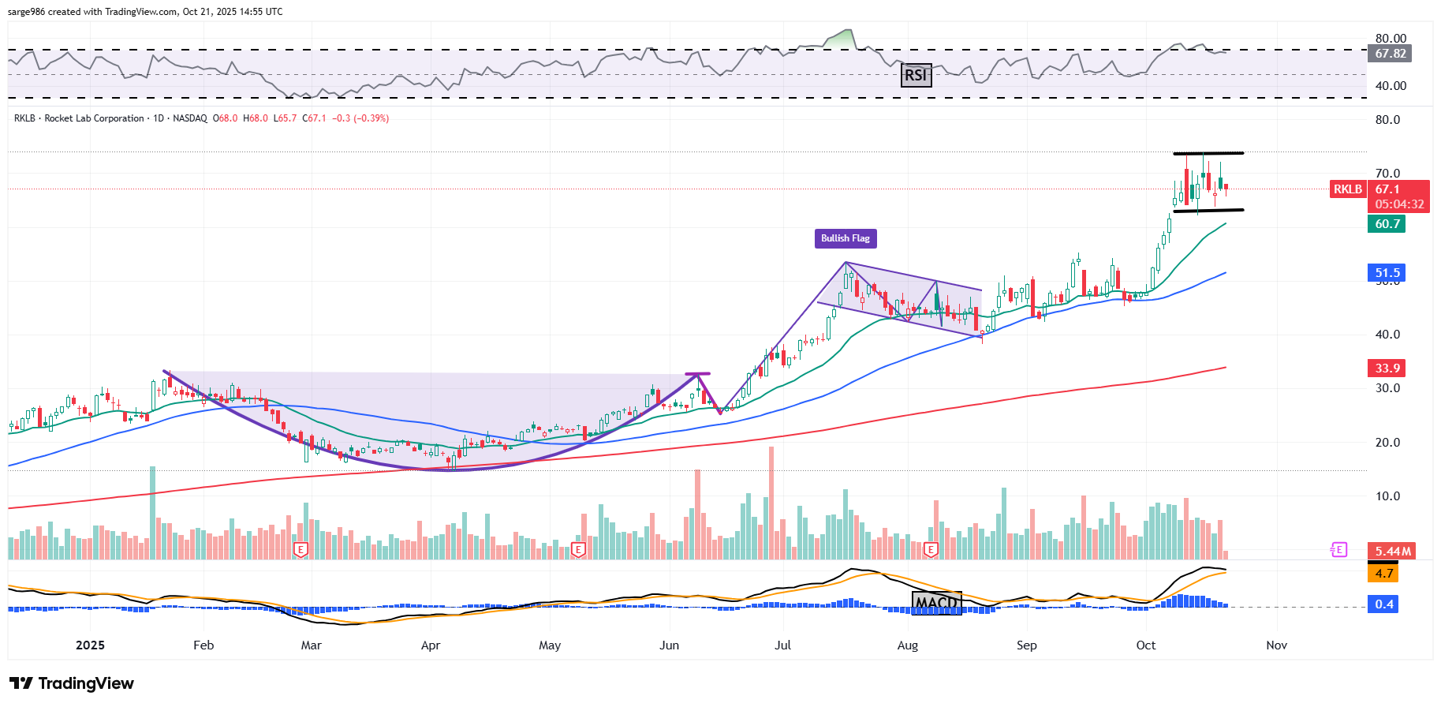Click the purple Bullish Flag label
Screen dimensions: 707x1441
[846, 238]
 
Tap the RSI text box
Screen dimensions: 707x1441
[916, 75]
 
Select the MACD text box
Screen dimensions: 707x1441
[936, 603]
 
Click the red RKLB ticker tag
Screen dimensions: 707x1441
[1347, 189]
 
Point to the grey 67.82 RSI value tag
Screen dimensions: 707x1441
[1390, 54]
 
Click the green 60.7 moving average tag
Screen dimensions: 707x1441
[1387, 224]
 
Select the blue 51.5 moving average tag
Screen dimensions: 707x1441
[1387, 273]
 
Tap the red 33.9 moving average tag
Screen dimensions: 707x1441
[1387, 368]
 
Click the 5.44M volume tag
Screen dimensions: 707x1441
[1393, 551]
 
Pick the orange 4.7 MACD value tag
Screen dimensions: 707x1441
[1384, 574]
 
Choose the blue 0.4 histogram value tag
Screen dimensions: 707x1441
[1384, 604]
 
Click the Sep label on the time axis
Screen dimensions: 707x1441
[1026, 645]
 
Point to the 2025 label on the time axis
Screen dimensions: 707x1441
[90, 645]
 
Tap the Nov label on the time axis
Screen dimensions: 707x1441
[1276, 645]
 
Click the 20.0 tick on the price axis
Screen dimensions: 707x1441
[1387, 443]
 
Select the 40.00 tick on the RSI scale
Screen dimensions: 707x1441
[1391, 86]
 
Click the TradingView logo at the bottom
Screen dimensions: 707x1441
[72, 683]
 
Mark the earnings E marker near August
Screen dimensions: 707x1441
[931, 549]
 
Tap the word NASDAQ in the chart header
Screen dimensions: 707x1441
[190, 118]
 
